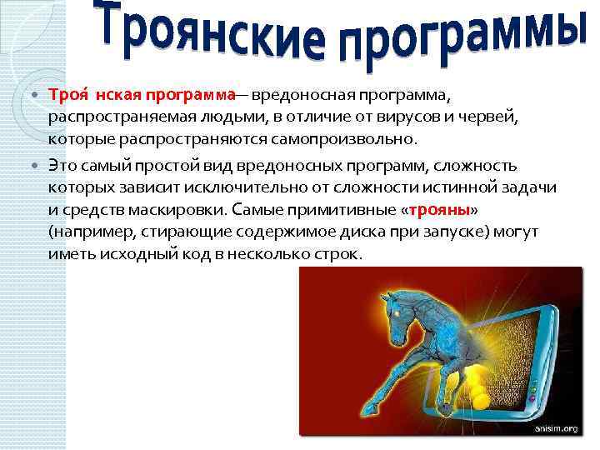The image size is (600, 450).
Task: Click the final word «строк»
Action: (x=340, y=252)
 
